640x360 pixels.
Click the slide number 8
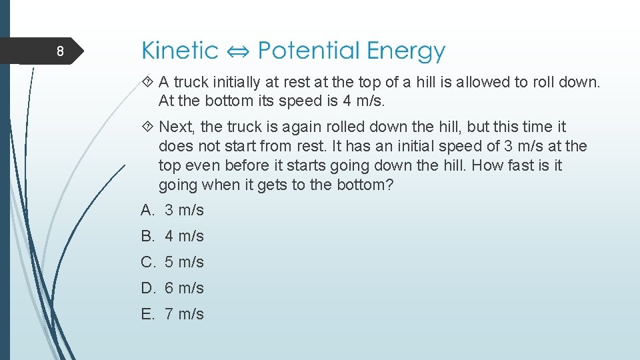60,52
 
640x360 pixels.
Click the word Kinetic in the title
180,51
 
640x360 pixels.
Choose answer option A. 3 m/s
173,210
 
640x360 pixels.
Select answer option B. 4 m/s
173,236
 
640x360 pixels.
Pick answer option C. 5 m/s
173,262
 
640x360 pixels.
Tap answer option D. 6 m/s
173,288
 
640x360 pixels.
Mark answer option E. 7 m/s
173,314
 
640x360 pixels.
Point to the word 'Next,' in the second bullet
177,127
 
